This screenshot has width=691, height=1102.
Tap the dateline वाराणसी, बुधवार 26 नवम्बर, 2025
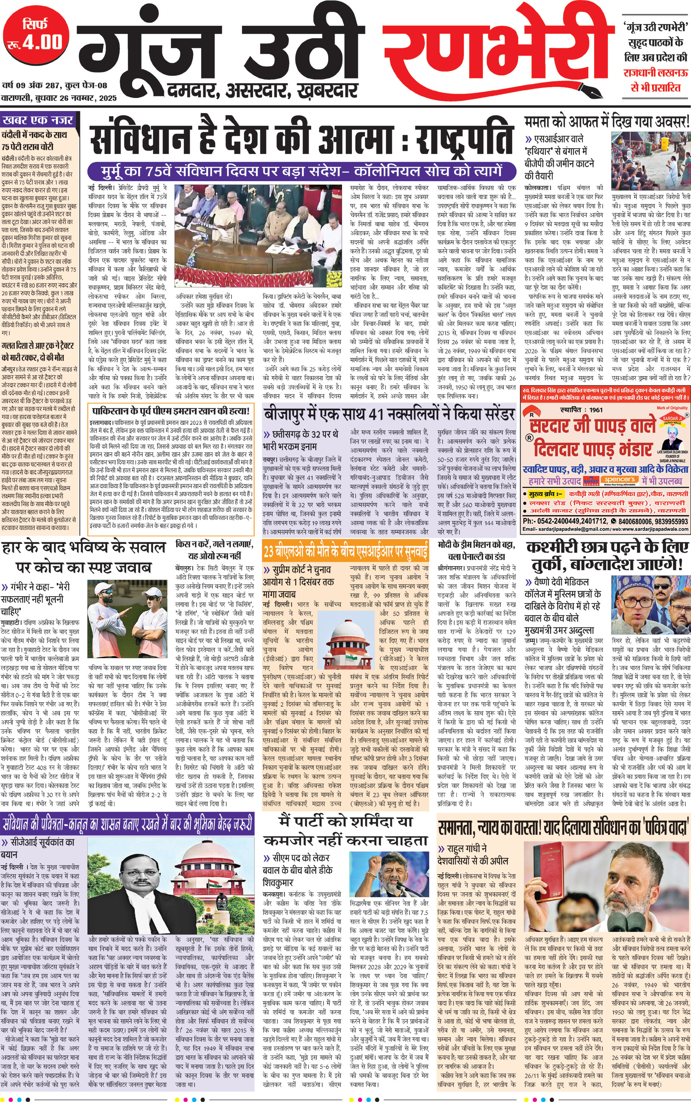click(x=59, y=98)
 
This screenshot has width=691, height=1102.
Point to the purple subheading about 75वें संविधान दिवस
click(x=302, y=171)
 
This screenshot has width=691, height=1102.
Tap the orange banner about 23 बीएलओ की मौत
click(x=345, y=552)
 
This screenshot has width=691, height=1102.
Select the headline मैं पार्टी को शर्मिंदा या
click(x=345, y=810)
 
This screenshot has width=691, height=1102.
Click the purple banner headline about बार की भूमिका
click(x=127, y=811)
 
